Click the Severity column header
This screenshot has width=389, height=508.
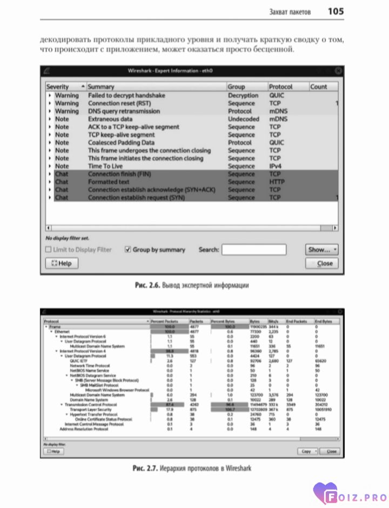pos(58,86)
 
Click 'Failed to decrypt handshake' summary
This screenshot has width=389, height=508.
pos(126,96)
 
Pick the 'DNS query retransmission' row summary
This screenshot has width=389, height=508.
pos(124,111)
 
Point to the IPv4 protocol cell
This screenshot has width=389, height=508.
pos(277,166)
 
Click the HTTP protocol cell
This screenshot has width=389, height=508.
pos(277,182)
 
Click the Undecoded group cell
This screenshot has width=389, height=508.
pos(243,119)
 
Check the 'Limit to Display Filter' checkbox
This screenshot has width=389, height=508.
pos(49,250)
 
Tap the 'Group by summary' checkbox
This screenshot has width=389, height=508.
pos(128,250)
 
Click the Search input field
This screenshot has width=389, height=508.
pos(253,250)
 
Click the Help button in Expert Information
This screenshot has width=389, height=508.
pos(62,264)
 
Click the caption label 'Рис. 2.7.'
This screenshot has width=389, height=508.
pos(143,468)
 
